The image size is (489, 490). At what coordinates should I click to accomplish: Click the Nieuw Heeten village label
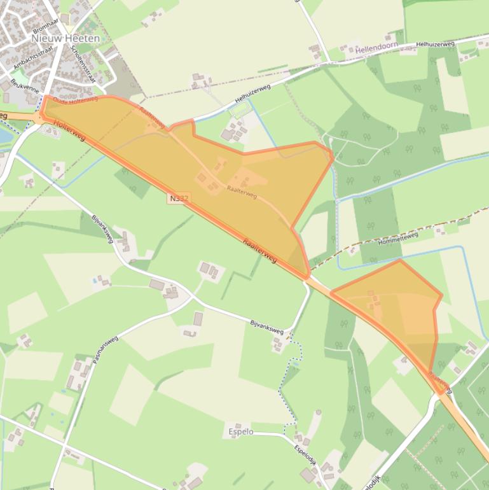click(x=65, y=38)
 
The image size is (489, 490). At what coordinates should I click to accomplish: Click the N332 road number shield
click(x=179, y=199)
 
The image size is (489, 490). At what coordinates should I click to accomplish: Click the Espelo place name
click(x=241, y=431)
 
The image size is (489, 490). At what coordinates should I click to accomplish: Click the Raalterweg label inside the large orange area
click(x=242, y=192)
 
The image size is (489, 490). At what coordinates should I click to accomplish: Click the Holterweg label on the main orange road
click(x=69, y=131)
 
